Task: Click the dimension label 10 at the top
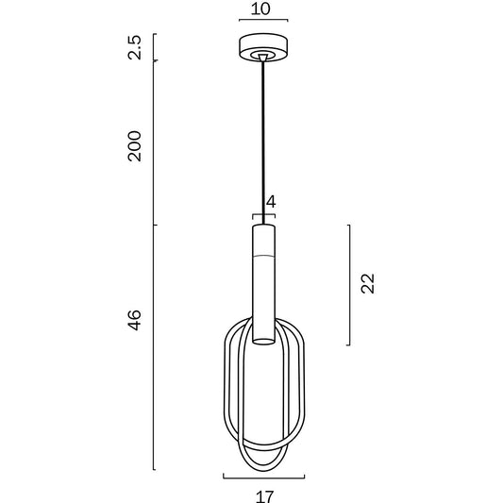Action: coord(260,8)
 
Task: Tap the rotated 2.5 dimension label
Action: coord(134,47)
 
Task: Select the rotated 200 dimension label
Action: coord(134,146)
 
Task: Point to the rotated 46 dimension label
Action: coord(134,320)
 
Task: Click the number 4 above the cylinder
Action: coord(271,202)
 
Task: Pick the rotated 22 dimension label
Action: coord(368,283)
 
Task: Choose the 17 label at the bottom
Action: coord(265,496)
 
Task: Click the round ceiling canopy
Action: coord(263,47)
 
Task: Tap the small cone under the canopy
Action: coord(263,58)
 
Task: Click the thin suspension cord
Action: coord(263,143)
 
